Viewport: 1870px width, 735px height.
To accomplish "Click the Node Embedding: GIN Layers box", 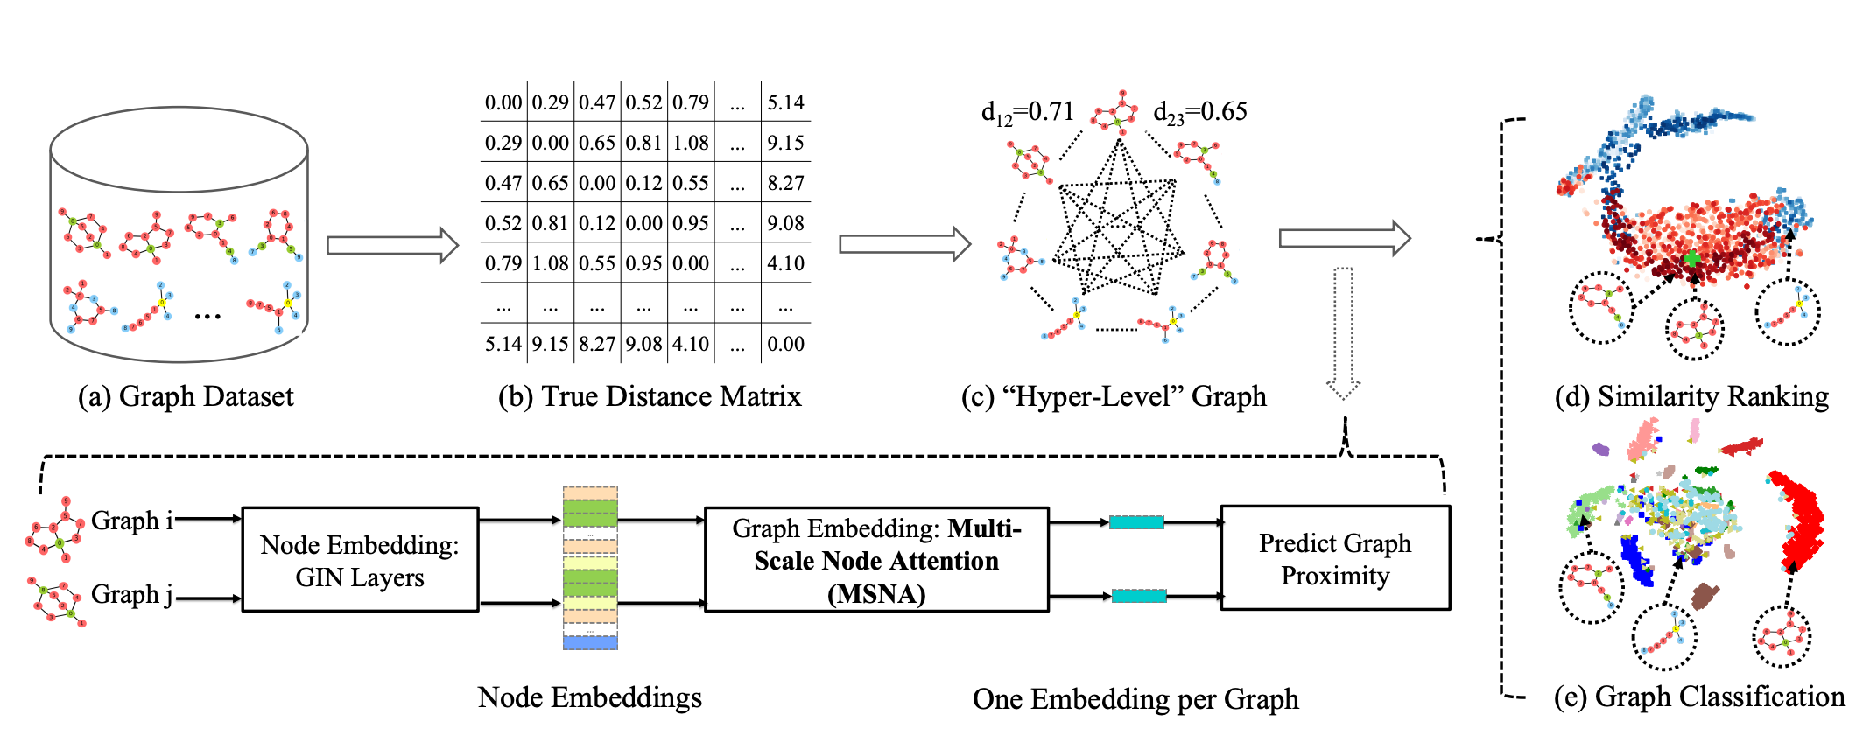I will pyautogui.click(x=360, y=560).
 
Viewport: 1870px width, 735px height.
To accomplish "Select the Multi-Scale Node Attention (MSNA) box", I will pyautogui.click(x=876, y=560).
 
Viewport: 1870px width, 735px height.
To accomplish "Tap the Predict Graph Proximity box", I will pyautogui.click(x=1335, y=559).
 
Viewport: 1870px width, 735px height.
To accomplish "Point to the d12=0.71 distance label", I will pyautogui.click(x=1027, y=113).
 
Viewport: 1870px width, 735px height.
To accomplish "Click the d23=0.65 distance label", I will pyautogui.click(x=1199, y=113).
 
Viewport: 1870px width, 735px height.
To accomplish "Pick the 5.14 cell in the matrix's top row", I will pyautogui.click(x=785, y=102).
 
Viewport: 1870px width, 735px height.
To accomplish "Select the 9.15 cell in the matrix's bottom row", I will pyautogui.click(x=550, y=344).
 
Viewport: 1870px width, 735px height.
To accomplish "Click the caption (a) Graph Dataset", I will pyautogui.click(x=186, y=396).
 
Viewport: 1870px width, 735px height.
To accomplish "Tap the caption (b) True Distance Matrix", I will pyautogui.click(x=650, y=396).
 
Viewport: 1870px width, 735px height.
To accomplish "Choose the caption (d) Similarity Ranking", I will pyautogui.click(x=1691, y=396).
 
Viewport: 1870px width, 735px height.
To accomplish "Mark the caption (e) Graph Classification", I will pyautogui.click(x=1698, y=696).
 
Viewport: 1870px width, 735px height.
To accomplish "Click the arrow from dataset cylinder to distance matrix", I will pyautogui.click(x=392, y=245).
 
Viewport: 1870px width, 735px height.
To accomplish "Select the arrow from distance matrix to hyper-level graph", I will pyautogui.click(x=904, y=244).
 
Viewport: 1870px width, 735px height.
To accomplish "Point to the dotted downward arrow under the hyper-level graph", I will pyautogui.click(x=1343, y=332).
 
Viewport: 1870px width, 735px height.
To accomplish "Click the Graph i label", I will pyautogui.click(x=131, y=521).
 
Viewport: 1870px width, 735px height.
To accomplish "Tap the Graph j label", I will pyautogui.click(x=131, y=595).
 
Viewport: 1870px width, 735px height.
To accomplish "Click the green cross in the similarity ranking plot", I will pyautogui.click(x=1692, y=258).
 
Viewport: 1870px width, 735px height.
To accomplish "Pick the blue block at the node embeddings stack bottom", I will pyautogui.click(x=590, y=642).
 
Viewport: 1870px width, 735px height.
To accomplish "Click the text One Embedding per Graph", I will pyautogui.click(x=1135, y=699).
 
